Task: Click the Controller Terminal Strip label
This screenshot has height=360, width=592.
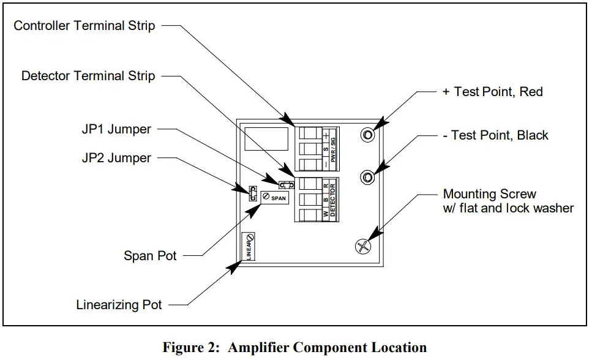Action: tap(84, 26)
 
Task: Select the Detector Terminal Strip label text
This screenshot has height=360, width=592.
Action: tap(88, 75)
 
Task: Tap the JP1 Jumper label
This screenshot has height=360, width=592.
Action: tap(116, 129)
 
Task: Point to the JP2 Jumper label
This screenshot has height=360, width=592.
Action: tap(116, 158)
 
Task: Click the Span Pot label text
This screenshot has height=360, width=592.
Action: tap(150, 256)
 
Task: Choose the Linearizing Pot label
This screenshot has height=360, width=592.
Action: tap(119, 305)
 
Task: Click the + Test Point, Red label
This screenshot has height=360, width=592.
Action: tap(492, 92)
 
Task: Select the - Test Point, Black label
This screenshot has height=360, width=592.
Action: tap(495, 135)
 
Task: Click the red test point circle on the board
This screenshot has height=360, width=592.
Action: tap(368, 135)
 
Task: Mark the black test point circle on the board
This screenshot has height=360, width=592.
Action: tap(367, 177)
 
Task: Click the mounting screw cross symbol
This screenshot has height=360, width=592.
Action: tap(363, 247)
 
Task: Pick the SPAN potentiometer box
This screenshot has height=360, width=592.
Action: tap(275, 198)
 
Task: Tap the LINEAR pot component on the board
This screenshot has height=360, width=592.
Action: tap(249, 246)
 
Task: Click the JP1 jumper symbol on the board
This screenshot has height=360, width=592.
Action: tap(286, 185)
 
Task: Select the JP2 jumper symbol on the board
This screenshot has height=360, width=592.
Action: tap(253, 193)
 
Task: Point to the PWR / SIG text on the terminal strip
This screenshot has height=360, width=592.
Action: tap(333, 150)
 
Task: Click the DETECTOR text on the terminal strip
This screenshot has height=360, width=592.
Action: tap(332, 200)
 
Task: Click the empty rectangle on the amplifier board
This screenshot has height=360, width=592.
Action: tap(266, 139)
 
